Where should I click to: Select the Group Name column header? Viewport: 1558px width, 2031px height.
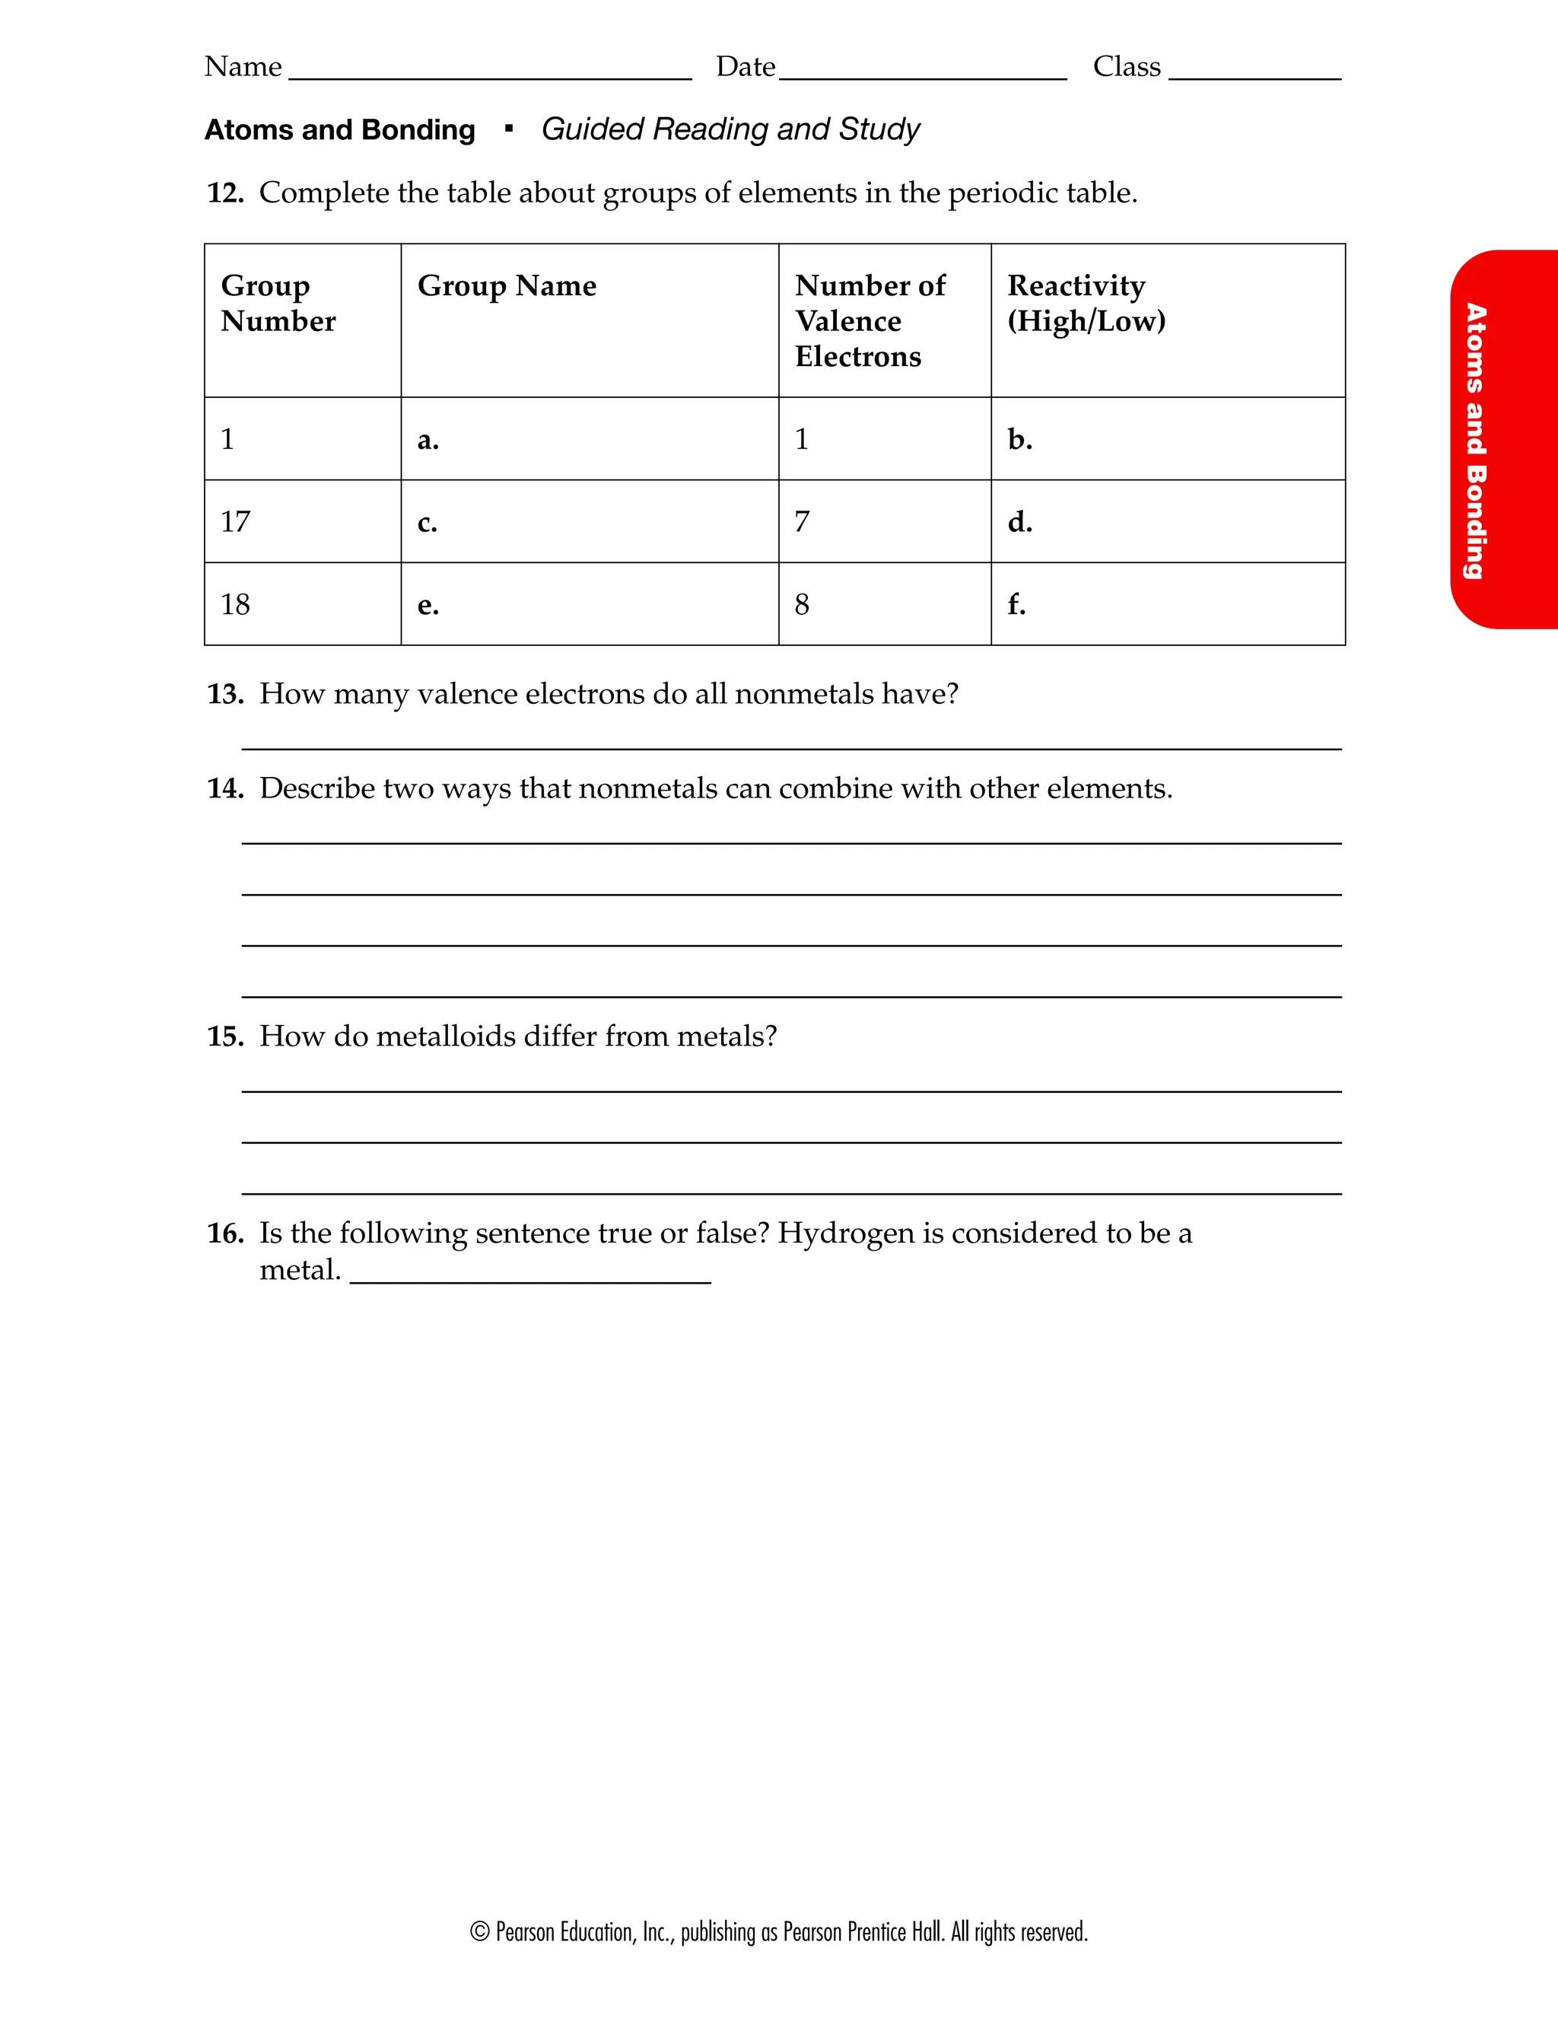(x=507, y=285)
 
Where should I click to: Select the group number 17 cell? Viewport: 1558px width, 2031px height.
(x=236, y=521)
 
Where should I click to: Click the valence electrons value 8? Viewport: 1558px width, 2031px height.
(x=802, y=605)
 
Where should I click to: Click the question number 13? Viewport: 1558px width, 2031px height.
(x=224, y=694)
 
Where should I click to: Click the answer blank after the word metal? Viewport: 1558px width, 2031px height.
(x=529, y=1272)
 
